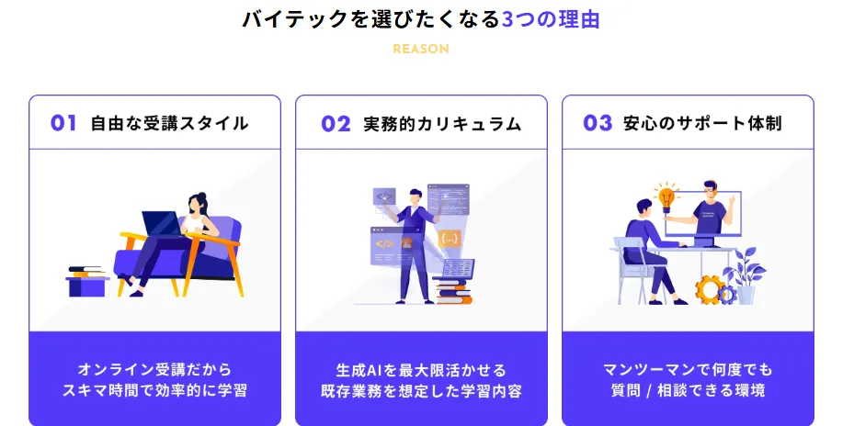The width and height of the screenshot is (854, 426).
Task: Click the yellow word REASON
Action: click(421, 49)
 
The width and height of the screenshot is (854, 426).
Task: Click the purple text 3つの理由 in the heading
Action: click(550, 19)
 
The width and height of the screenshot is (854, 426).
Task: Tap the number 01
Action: click(63, 124)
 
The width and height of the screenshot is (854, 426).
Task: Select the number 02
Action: click(336, 124)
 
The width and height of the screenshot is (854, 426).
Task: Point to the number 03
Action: click(598, 124)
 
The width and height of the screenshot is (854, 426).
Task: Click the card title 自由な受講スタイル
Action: click(169, 124)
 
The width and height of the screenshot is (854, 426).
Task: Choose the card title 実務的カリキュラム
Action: click(443, 124)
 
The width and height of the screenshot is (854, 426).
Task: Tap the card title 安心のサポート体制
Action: click(702, 124)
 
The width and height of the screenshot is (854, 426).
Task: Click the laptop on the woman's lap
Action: click(161, 223)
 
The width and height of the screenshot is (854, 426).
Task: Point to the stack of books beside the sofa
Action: click(86, 272)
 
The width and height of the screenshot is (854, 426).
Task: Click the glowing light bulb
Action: click(666, 197)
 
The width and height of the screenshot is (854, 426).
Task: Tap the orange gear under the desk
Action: click(708, 289)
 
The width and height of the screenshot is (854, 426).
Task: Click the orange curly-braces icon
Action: click(450, 239)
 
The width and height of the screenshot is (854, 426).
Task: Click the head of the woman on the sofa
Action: click(197, 204)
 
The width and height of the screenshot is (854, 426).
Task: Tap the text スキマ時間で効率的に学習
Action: click(154, 390)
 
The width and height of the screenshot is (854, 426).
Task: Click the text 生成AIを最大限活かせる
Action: click(422, 370)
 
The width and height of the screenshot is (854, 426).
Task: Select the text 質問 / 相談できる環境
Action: click(688, 390)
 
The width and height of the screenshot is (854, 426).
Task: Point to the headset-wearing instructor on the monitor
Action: click(708, 209)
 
